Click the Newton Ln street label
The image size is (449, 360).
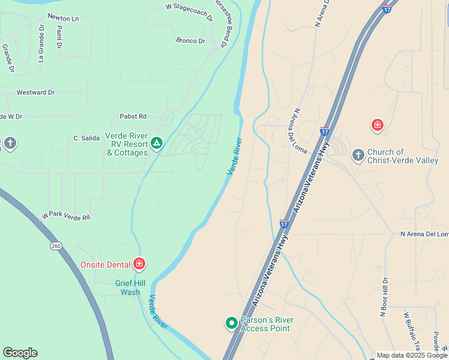pyautogui.click(x=63, y=18)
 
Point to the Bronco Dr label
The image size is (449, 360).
pyautogui.click(x=190, y=41)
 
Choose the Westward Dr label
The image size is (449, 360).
pyautogui.click(x=35, y=92)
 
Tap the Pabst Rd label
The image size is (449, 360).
pyautogui.click(x=134, y=116)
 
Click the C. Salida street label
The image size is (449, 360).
pyautogui.click(x=86, y=138)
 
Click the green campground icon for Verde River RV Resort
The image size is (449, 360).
pyautogui.click(x=157, y=143)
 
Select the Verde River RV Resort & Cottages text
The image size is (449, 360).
pyautogui.click(x=127, y=144)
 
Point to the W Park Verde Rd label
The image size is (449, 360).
pyautogui.click(x=65, y=216)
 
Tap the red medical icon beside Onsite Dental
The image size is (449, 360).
pyautogui.click(x=139, y=263)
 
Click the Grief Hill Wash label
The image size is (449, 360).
pyautogui.click(x=128, y=288)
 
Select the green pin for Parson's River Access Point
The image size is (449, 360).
pyautogui.click(x=231, y=323)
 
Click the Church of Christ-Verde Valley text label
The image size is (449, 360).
pyautogui.click(x=403, y=156)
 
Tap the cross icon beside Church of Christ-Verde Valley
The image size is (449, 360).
pyautogui.click(x=358, y=155)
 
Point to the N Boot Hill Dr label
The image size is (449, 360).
pyautogui.click(x=384, y=296)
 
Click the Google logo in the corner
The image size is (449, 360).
pyautogui.click(x=20, y=353)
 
